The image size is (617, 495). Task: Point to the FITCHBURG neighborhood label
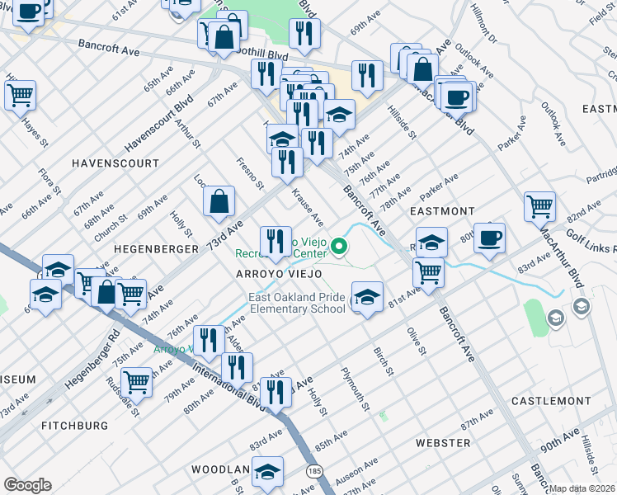tap(74, 426)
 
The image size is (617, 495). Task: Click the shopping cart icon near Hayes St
tap(20, 94)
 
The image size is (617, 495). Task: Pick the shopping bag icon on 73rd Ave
tap(219, 200)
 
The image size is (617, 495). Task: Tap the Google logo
tap(27, 484)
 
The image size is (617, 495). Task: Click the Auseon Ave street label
tap(357, 474)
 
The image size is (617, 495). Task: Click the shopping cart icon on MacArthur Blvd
tap(539, 206)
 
